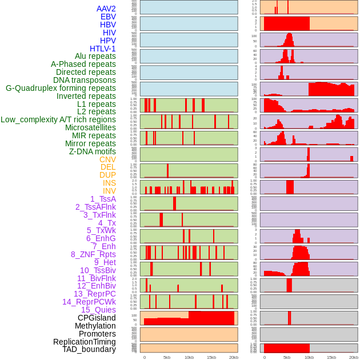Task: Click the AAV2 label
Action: click(x=106, y=9)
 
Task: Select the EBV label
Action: click(x=108, y=17)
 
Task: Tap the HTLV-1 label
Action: click(x=103, y=49)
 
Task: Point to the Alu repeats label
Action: click(x=95, y=57)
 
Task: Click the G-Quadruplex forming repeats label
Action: click(x=61, y=89)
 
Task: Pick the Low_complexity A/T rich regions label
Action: click(x=58, y=120)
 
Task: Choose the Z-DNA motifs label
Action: click(x=93, y=152)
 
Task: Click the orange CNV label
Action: click(x=107, y=160)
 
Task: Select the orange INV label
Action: click(x=109, y=191)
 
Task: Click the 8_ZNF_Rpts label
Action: click(x=93, y=255)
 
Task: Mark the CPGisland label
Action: click(x=97, y=318)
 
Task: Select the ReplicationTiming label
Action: click(x=85, y=342)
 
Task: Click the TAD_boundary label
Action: click(x=89, y=350)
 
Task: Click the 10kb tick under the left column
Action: click(x=189, y=358)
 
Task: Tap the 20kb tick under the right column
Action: click(x=354, y=358)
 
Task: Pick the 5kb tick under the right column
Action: click(x=287, y=358)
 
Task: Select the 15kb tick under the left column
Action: click(x=211, y=358)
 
